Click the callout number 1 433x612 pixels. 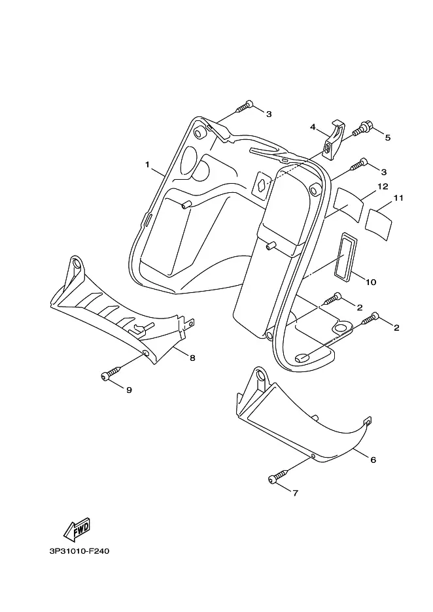tap(147, 165)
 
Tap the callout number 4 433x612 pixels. tap(313, 127)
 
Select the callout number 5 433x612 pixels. tap(387, 137)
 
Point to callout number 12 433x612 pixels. tap(383, 186)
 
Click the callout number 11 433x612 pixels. tap(398, 198)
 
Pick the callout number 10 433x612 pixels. tap(370, 282)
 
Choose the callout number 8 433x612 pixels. tap(192, 358)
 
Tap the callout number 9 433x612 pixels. tap(129, 390)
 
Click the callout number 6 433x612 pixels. tap(373, 460)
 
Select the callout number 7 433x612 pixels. tap(295, 493)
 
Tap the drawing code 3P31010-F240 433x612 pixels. tap(79, 551)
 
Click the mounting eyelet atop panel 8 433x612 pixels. tap(76, 267)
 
